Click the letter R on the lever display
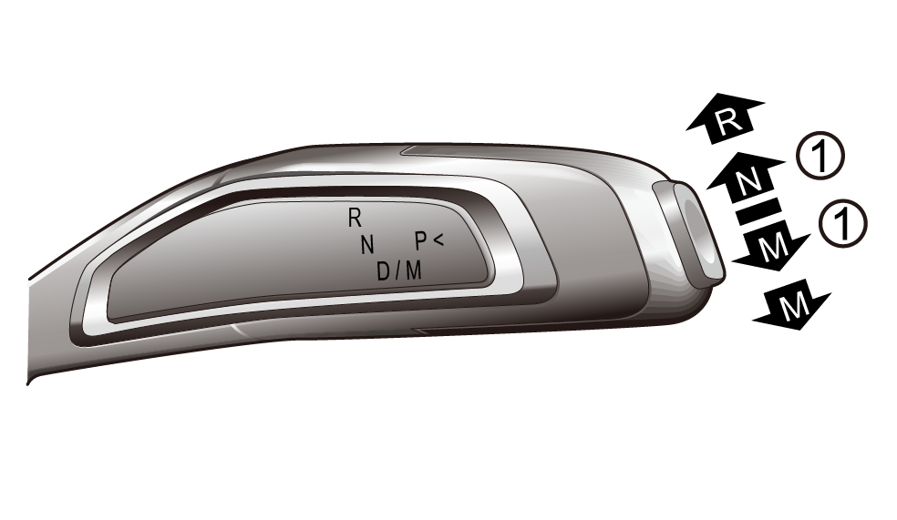tap(355, 218)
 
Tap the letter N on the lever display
tap(367, 245)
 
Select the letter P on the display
tap(420, 241)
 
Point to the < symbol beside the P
tap(438, 240)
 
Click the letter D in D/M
tap(383, 270)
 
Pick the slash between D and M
tap(398, 270)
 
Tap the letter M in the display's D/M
tap(414, 270)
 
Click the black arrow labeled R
tap(724, 117)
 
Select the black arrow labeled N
tap(745, 179)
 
